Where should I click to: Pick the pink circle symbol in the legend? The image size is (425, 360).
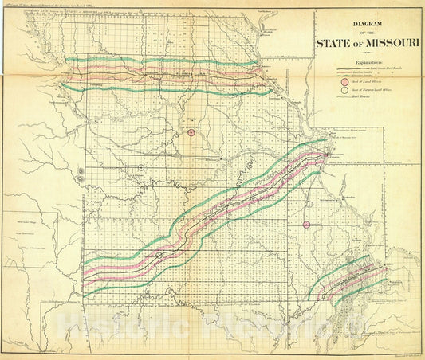[x=344, y=82]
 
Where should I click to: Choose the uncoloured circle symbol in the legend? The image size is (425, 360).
[x=344, y=92]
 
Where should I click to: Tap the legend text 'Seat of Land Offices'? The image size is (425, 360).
[x=368, y=82]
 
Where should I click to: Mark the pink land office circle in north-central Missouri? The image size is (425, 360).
[x=191, y=133]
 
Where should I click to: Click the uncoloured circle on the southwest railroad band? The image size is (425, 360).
[x=159, y=254]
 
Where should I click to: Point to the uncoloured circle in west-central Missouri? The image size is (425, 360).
[x=140, y=168]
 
